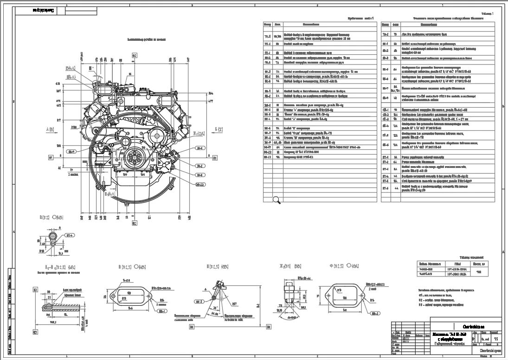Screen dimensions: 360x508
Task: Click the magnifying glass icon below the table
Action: (x=277, y=200)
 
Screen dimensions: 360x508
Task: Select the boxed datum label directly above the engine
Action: (x=135, y=55)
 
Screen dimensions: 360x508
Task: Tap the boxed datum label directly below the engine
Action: (x=135, y=223)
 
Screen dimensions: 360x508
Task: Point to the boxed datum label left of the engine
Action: (x=51, y=157)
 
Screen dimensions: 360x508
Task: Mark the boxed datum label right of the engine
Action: (x=215, y=158)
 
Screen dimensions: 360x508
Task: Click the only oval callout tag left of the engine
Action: (x=71, y=151)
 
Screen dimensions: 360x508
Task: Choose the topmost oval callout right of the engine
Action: (x=200, y=148)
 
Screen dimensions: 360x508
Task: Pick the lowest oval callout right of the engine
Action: (x=200, y=184)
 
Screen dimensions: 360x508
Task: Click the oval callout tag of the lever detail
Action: (x=200, y=302)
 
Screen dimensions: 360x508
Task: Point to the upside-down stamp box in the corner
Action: (x=43, y=10)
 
